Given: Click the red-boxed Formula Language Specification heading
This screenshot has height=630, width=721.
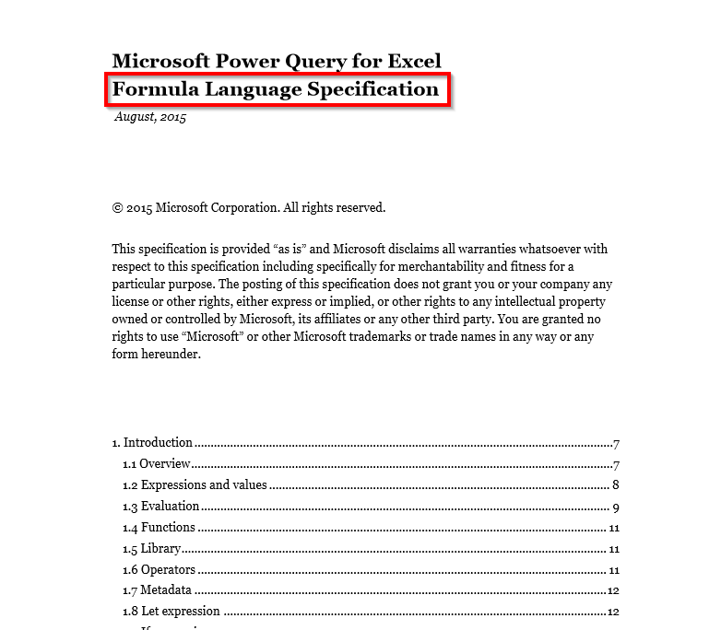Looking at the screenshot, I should [276, 89].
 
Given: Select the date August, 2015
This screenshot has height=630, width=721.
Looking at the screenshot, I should [150, 117].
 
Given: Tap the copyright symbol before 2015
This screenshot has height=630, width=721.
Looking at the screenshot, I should [117, 208].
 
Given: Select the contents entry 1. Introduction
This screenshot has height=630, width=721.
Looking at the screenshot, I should [152, 442].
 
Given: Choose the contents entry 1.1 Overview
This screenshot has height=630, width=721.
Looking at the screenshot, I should [157, 463].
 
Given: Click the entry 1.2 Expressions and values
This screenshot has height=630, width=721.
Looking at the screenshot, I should [195, 484].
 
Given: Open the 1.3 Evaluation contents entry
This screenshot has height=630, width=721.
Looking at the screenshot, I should [161, 506].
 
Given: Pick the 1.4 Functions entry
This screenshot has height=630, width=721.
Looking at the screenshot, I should [159, 527].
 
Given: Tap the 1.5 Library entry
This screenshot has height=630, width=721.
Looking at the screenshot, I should [152, 548].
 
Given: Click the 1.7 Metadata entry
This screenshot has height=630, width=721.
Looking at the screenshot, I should [157, 590].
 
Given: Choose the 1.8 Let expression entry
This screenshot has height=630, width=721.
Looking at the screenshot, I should [171, 611].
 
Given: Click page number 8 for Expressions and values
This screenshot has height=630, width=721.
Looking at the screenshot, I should [614, 484].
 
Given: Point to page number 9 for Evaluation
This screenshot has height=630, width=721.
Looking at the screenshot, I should [614, 506].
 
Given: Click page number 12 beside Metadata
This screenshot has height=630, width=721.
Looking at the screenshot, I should [612, 590].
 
